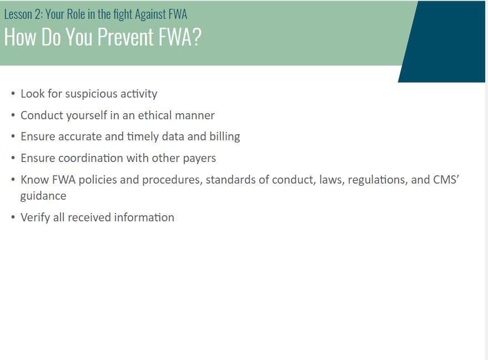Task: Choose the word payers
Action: pos(199,159)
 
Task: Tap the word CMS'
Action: pos(446,179)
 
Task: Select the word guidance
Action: pos(43,196)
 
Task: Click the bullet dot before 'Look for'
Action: pos(13,93)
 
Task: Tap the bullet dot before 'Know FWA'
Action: pos(13,179)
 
